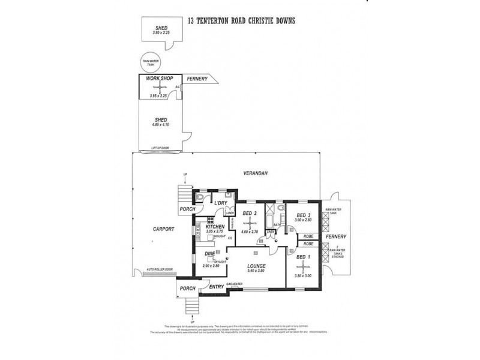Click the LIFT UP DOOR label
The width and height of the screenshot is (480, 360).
click(x=160, y=148)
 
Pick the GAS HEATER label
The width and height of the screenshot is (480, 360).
click(x=234, y=283)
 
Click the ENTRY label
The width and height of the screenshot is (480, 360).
click(x=216, y=287)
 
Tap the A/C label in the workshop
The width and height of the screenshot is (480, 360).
click(x=177, y=88)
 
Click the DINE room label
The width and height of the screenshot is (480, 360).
click(x=210, y=254)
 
